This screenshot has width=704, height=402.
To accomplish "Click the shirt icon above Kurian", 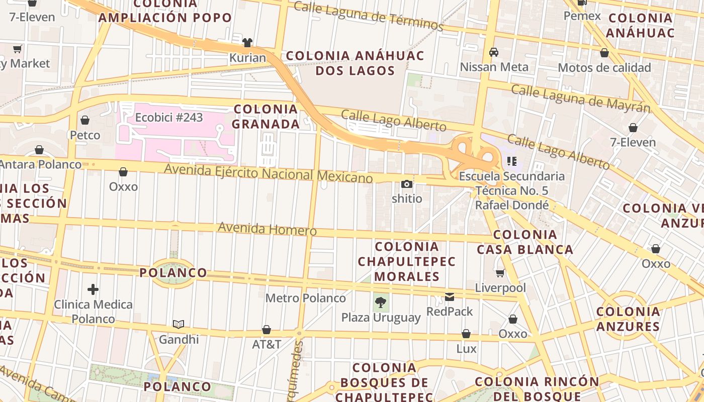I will (x=247, y=43).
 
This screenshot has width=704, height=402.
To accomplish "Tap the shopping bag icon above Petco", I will (x=85, y=120).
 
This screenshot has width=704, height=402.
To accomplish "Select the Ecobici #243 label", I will (x=169, y=118).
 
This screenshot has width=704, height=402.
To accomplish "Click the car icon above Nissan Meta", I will (x=494, y=52).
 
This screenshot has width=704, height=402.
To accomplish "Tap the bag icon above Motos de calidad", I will (x=604, y=53).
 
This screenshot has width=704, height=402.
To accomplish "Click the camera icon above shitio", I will (x=406, y=184).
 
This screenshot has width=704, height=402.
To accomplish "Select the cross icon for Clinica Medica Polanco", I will (x=93, y=289).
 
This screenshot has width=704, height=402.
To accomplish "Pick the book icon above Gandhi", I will (x=179, y=324).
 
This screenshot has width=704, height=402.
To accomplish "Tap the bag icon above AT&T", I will (x=267, y=330).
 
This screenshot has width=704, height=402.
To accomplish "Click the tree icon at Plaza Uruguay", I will (x=381, y=303).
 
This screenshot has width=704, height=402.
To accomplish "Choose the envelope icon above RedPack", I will (x=450, y=297).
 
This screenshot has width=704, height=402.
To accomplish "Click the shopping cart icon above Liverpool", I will (x=500, y=273).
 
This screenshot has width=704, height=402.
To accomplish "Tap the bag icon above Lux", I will (x=466, y=334).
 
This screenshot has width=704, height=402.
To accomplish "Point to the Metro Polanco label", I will (x=306, y=298).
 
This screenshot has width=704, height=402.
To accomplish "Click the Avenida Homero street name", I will (x=267, y=229).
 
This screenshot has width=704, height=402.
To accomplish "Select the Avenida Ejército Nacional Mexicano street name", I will (x=269, y=172).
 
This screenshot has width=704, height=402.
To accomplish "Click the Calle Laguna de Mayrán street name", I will (x=580, y=98).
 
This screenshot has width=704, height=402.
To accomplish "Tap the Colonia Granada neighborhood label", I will (x=266, y=116).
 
